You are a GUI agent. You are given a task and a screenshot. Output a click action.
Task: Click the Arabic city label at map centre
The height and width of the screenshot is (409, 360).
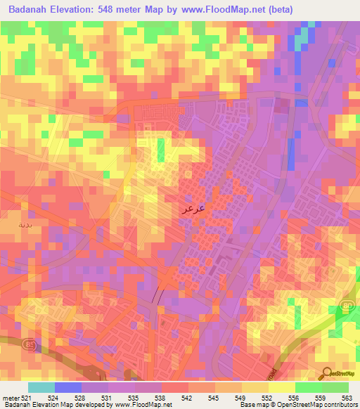pos(193,209)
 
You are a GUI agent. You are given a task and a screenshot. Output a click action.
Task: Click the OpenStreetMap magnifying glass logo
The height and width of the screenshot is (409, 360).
pos(325,372)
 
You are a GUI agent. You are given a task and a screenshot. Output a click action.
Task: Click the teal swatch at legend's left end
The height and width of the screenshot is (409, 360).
pos(41,387)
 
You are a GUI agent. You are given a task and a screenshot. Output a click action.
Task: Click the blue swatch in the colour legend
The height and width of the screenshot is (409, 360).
pos(68,387)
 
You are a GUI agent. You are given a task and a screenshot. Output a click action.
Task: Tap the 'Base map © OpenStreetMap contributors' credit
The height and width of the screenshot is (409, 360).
pos(298,405)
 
